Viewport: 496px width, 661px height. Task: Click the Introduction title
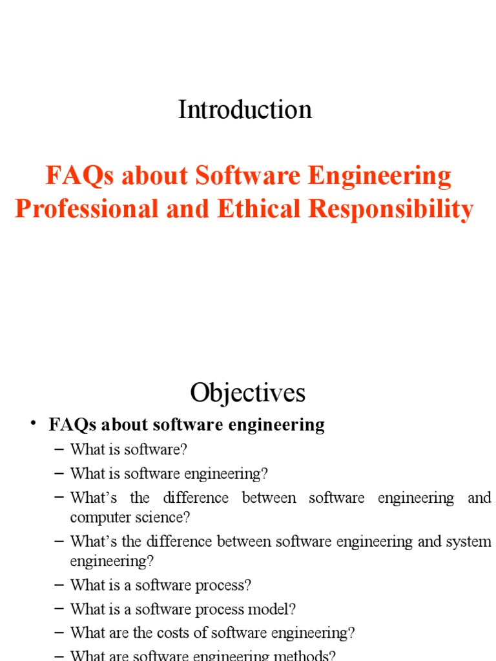(x=245, y=110)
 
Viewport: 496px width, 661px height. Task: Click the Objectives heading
(x=247, y=392)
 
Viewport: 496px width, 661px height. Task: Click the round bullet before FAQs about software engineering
(x=32, y=423)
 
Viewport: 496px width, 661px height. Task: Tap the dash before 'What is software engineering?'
(x=60, y=473)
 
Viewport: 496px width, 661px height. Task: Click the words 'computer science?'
(x=130, y=518)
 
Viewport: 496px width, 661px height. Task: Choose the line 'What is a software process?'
(x=160, y=585)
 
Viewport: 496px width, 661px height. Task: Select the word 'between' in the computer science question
(x=269, y=498)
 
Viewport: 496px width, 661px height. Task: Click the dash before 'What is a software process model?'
(x=60, y=609)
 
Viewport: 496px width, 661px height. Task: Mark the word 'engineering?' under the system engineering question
(x=112, y=561)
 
